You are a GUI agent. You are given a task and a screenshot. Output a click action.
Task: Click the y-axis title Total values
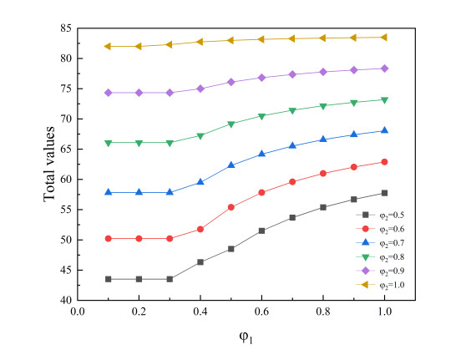click(x=49, y=164)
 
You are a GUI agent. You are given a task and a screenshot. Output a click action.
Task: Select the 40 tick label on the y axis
click(x=63, y=300)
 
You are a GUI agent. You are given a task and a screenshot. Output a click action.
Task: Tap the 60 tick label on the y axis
click(x=63, y=180)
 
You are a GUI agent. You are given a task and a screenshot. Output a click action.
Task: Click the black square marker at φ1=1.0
click(x=384, y=193)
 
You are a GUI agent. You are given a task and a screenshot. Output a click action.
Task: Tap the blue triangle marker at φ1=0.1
click(x=109, y=192)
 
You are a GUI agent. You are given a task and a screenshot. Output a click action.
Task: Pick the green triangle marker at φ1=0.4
click(x=200, y=135)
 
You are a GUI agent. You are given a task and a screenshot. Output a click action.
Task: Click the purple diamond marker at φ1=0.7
click(x=292, y=74)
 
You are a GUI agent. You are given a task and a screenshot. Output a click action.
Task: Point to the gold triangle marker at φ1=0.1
click(x=109, y=46)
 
